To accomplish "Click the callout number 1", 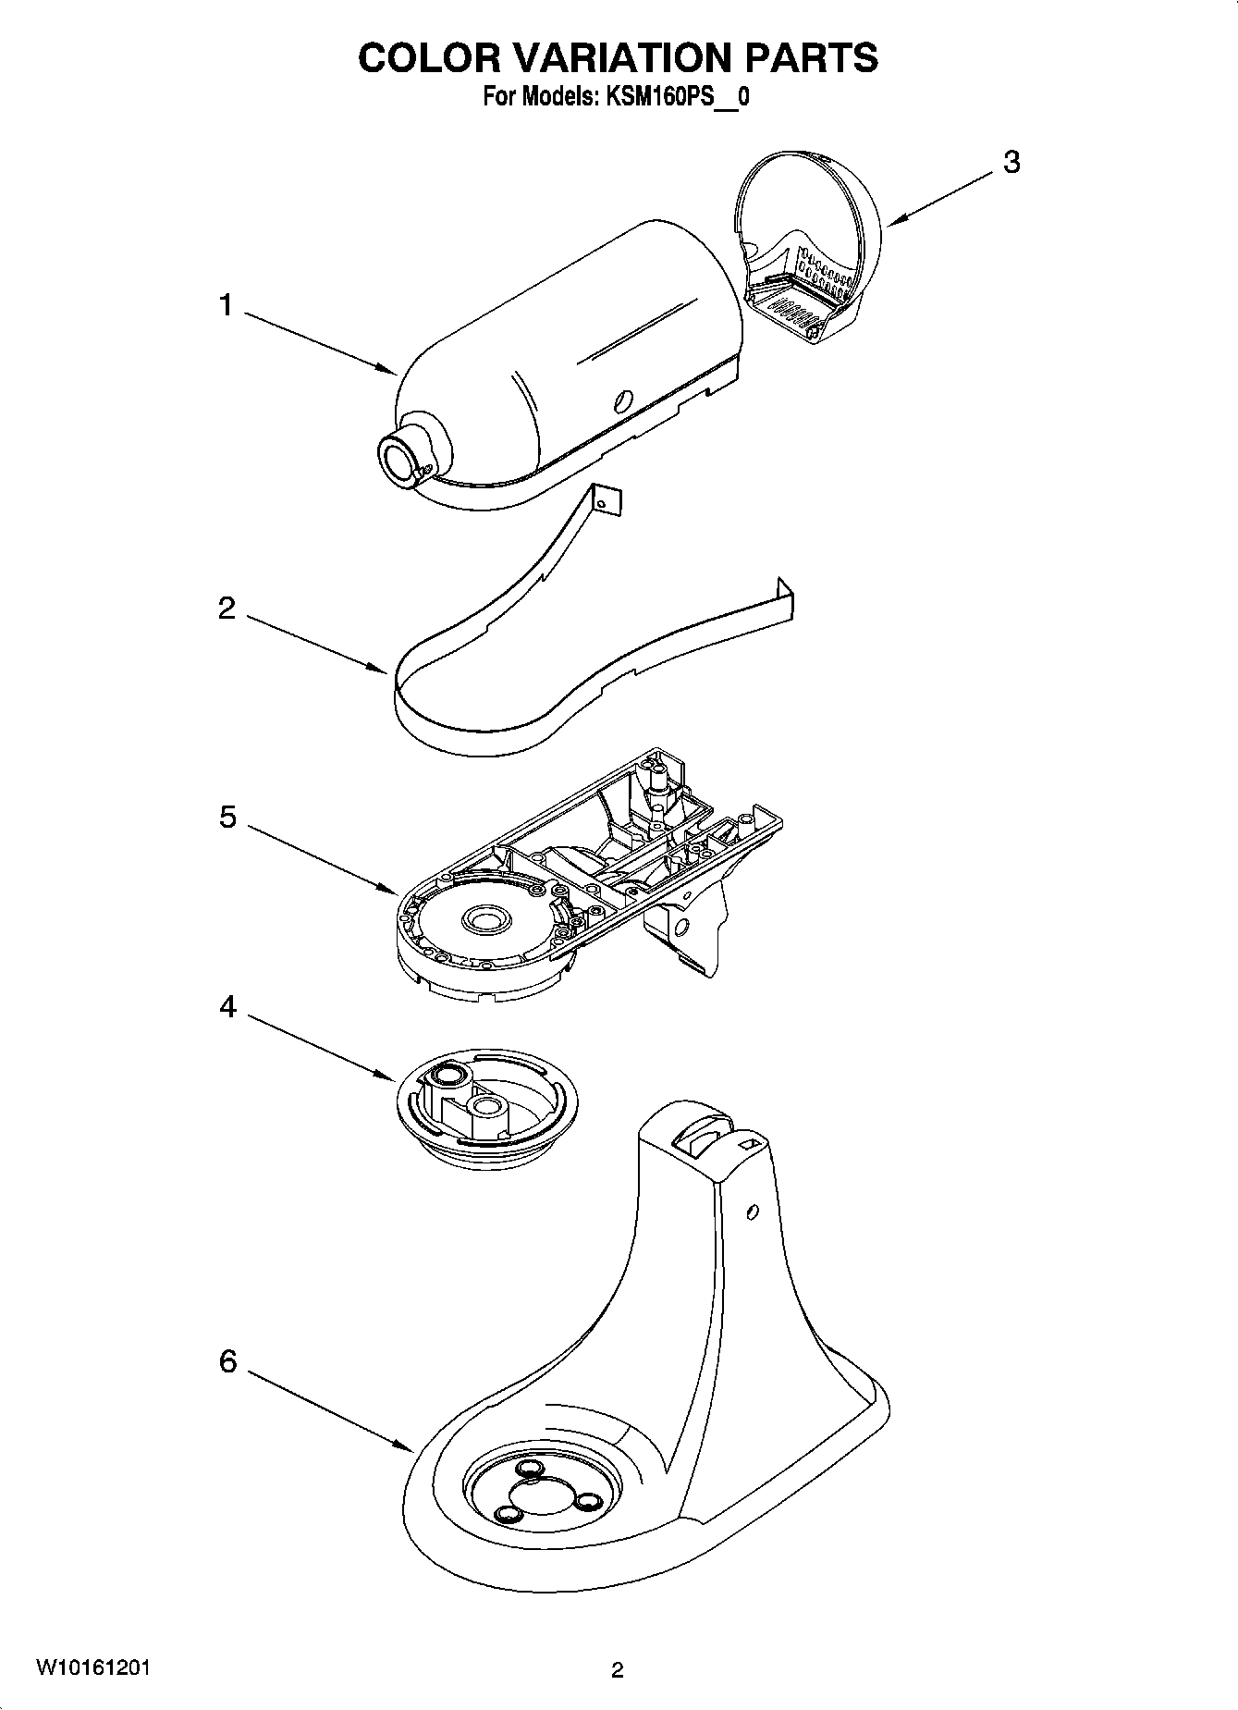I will [227, 305].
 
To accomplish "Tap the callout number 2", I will [227, 609].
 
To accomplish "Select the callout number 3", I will [1011, 162].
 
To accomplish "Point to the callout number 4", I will [227, 1007].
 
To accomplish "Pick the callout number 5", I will [227, 818].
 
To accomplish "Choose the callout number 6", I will [227, 1361].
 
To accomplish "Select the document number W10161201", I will [93, 1668].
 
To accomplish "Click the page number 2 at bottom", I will [618, 1670].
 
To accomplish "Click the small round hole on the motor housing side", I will [623, 400].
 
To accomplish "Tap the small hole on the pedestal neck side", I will [752, 1212].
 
